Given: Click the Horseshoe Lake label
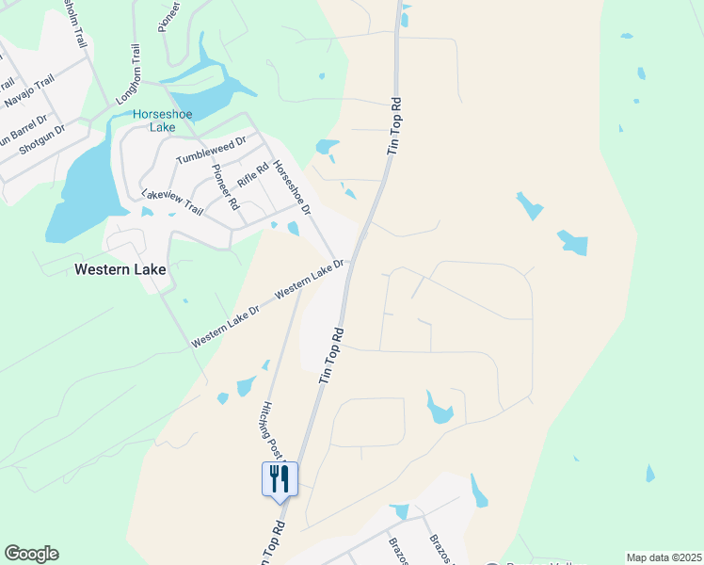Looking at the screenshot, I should (162, 120).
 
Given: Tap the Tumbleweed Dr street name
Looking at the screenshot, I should (210, 152).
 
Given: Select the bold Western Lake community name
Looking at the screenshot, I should (120, 269).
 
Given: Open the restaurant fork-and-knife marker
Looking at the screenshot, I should (280, 478).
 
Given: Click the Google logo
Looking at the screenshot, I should (31, 554).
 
